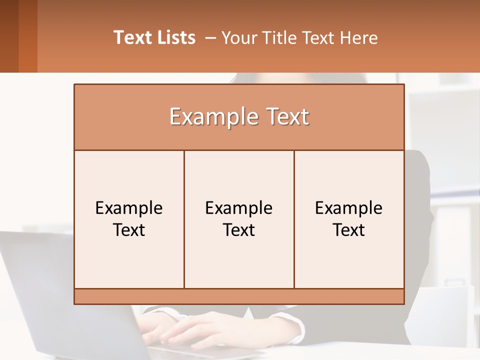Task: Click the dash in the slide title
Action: (210, 38)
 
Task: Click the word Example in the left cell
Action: (129, 208)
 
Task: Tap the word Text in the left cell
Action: (129, 230)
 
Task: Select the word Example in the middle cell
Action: (239, 208)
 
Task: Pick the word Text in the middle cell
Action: (239, 230)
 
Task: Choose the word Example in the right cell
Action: (349, 208)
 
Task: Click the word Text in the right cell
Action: (349, 230)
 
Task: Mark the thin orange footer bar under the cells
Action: (239, 296)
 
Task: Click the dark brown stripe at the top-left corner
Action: (9, 36)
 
